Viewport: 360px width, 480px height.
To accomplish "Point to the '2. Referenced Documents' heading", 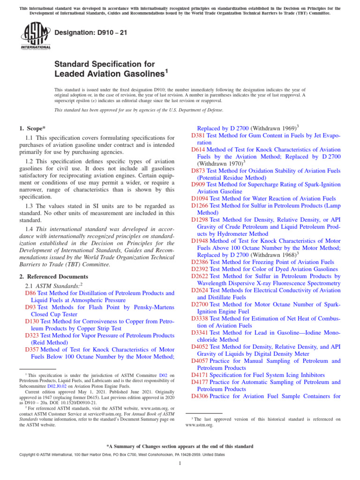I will click(53, 277).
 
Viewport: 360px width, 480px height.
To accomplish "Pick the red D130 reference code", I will click(31, 321).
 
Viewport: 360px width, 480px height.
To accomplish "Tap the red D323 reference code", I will click(31, 335).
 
